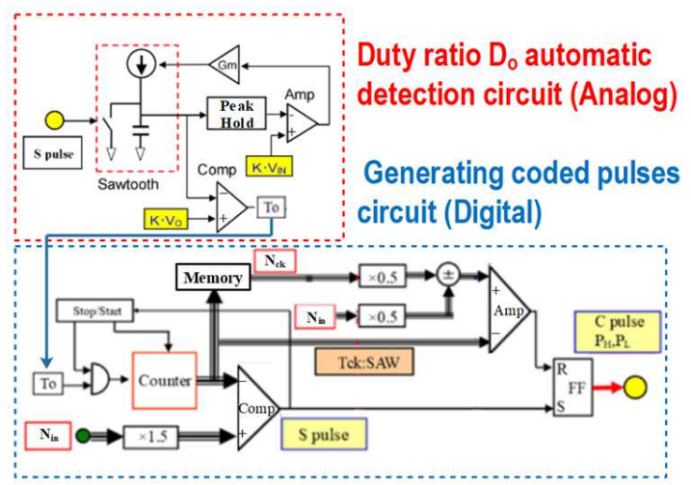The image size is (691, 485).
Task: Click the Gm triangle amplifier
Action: pyautogui.click(x=224, y=65)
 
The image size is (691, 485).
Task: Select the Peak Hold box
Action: pyautogui.click(x=236, y=115)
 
